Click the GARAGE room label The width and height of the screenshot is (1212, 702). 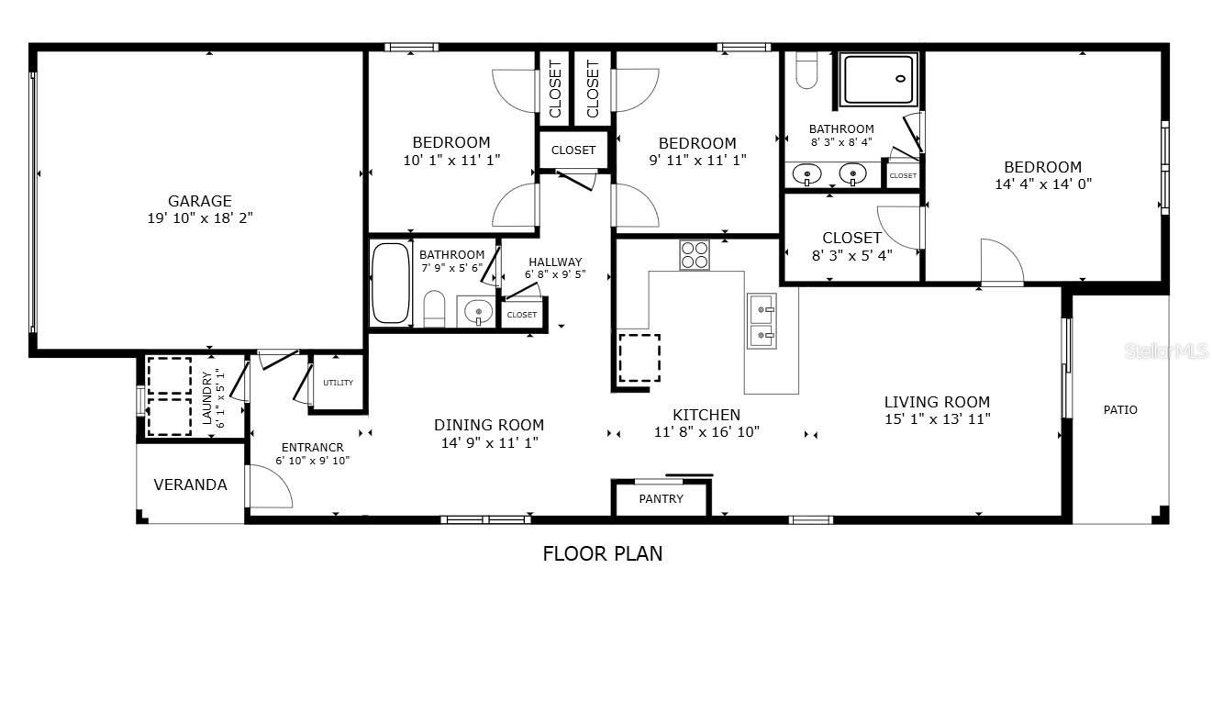[200, 201]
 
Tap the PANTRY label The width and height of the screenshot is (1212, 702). [661, 498]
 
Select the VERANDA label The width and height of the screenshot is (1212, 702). [191, 485]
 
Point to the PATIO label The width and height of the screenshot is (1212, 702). [1120, 409]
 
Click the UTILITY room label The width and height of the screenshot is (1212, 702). [339, 383]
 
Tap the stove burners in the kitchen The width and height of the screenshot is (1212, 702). [695, 255]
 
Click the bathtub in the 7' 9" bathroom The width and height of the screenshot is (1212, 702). [391, 283]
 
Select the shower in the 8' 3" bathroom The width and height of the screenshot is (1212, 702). [879, 80]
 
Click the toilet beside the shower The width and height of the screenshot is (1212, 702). [806, 70]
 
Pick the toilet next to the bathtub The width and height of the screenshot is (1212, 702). [433, 308]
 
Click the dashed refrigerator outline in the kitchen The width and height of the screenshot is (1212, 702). [639, 358]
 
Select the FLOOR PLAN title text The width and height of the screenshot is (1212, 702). [602, 553]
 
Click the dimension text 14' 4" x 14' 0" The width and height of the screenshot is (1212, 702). [1043, 184]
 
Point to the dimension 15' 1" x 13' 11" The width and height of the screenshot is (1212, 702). [937, 419]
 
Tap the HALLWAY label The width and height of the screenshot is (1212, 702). [555, 262]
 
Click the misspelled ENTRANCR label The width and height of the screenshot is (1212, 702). [312, 448]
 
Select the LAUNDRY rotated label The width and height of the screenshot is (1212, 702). [206, 398]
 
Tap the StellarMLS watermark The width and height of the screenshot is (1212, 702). [1166, 351]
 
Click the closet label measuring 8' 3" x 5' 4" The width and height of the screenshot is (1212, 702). [851, 239]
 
